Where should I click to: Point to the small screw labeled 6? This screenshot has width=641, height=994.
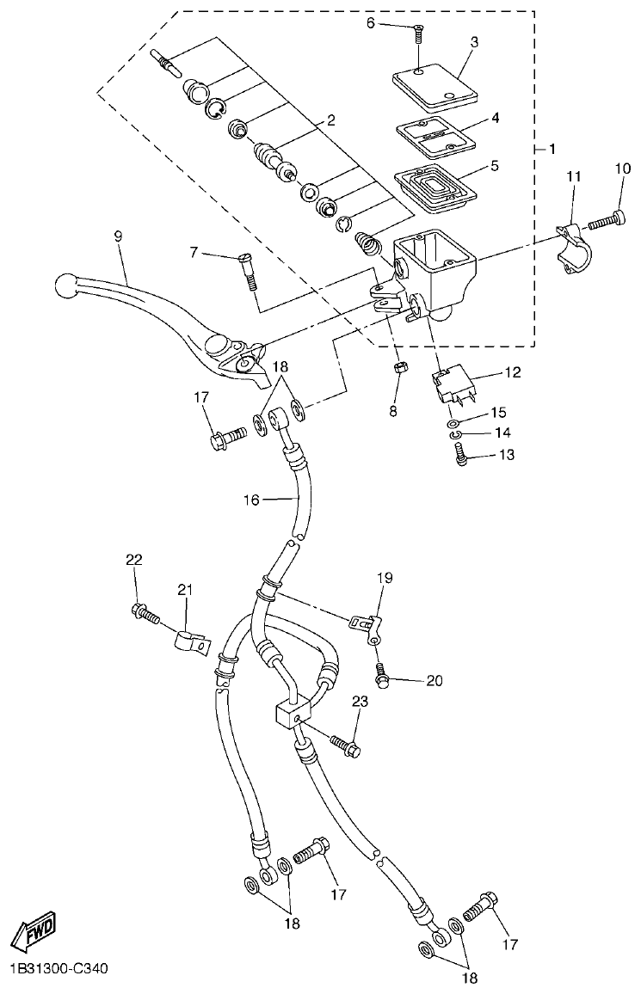[417, 33]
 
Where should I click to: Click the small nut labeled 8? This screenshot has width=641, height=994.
[400, 369]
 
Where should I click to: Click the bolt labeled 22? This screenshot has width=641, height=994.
[145, 613]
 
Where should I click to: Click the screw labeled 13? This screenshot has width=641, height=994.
[463, 461]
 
